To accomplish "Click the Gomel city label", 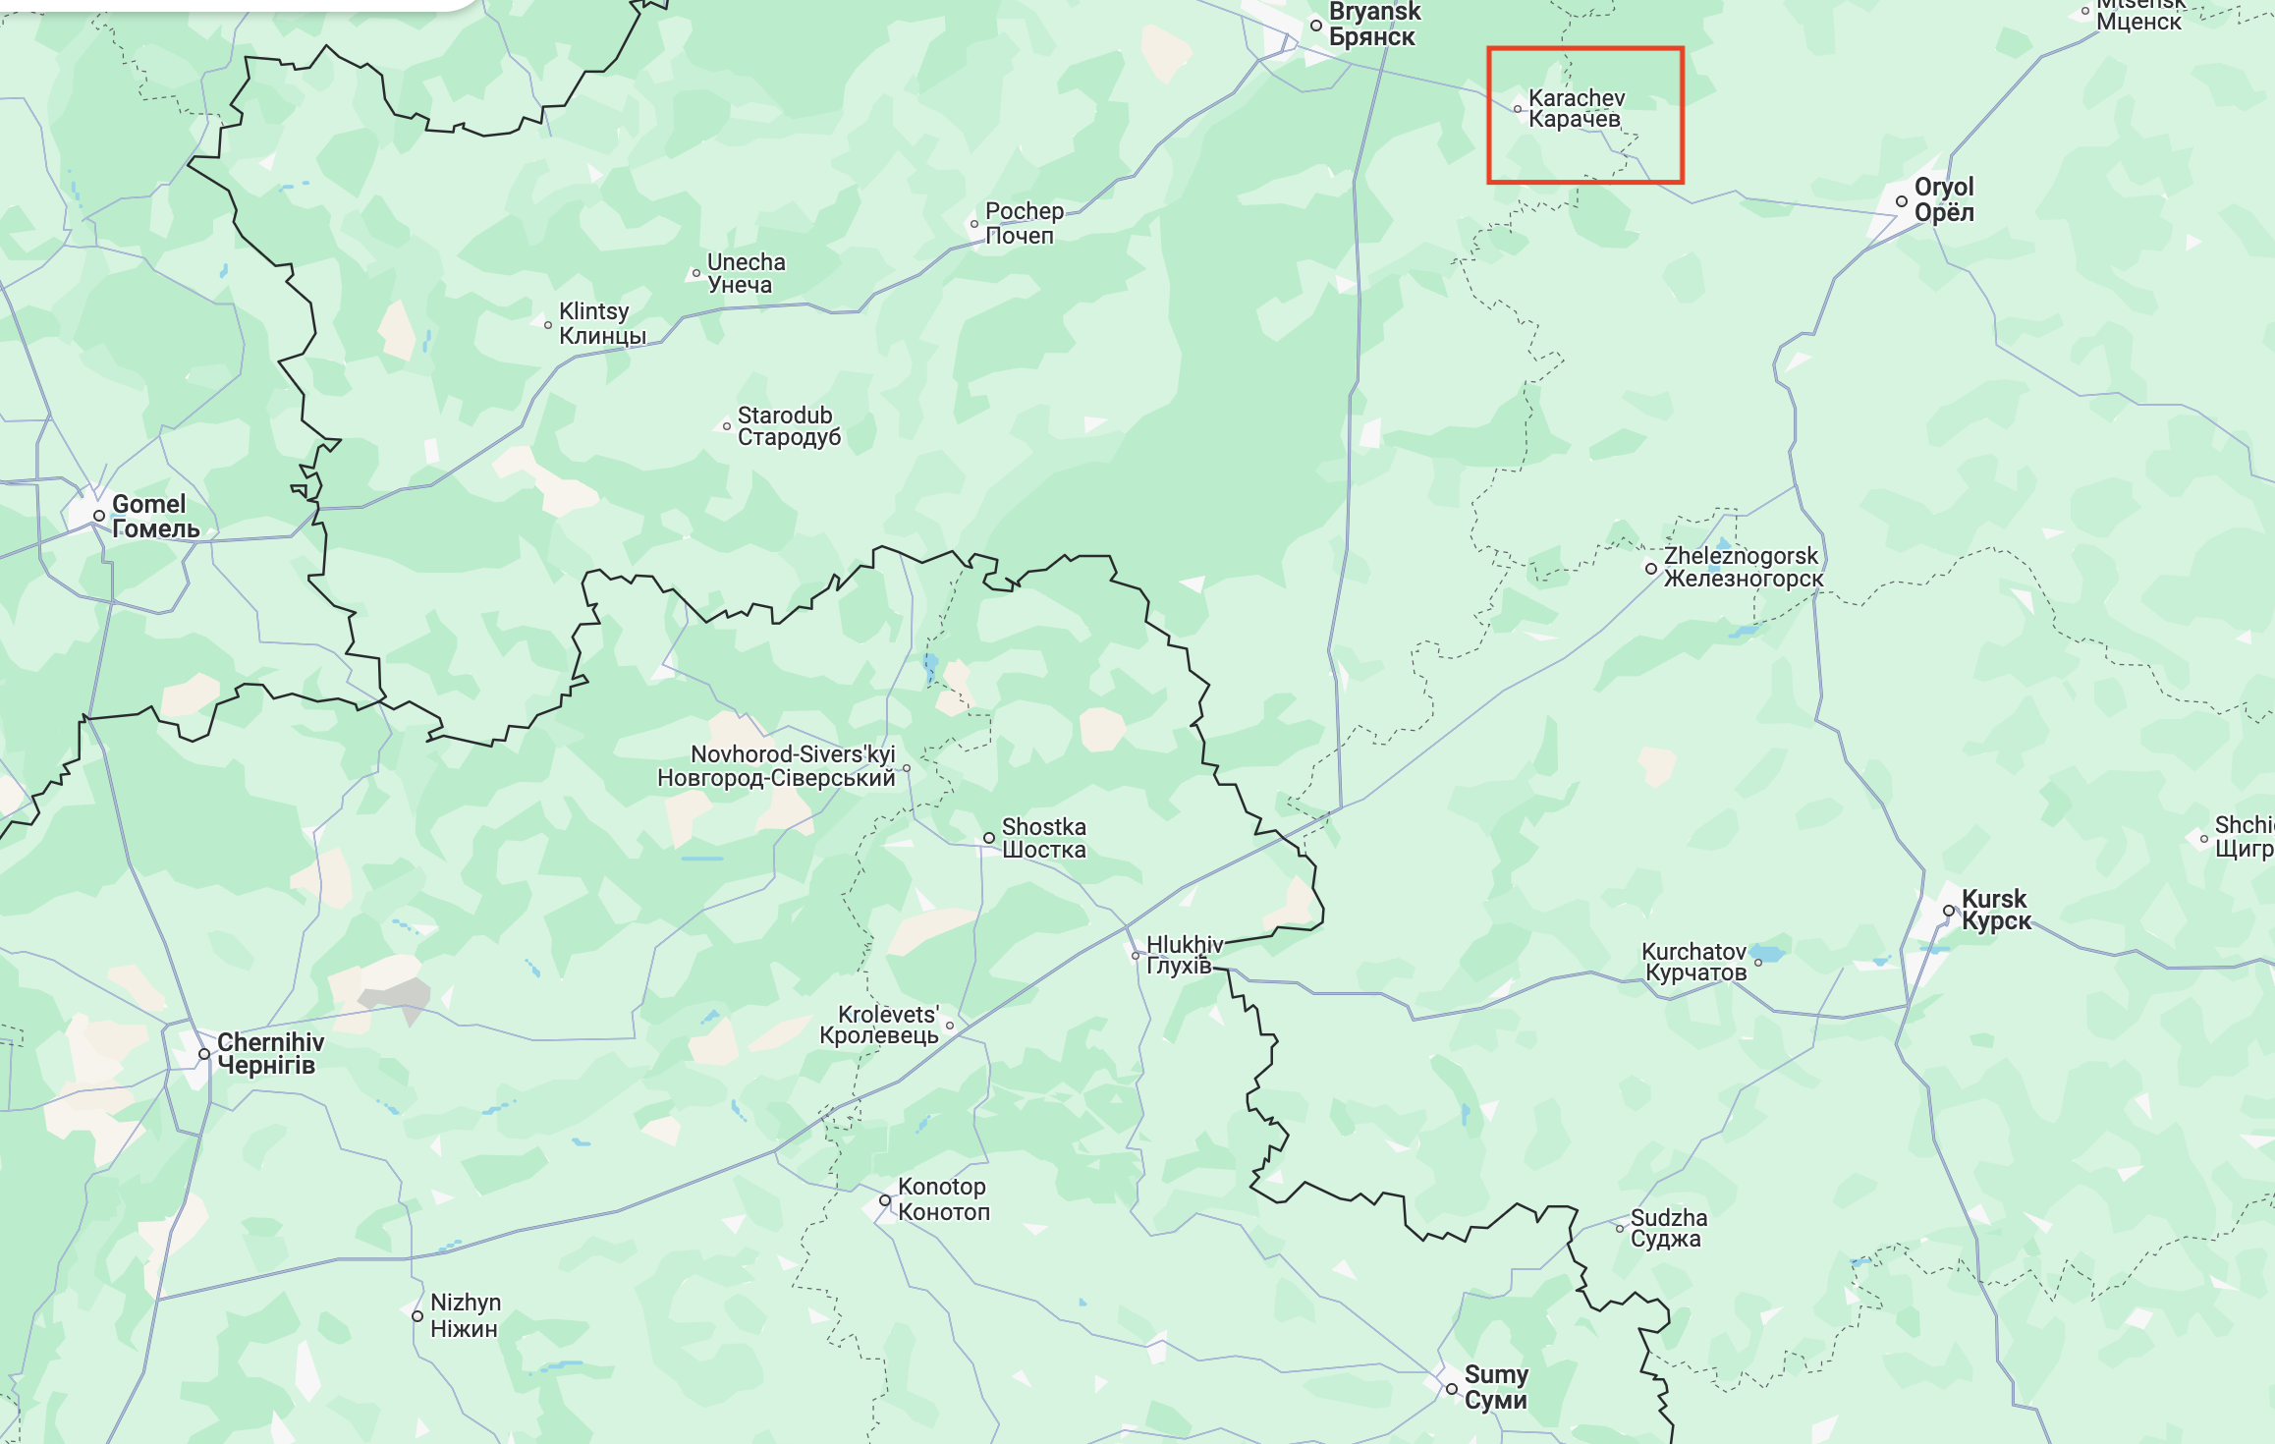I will pos(155,517).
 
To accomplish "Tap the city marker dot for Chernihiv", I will pos(204,1054).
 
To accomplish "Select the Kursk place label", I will pos(1995,910).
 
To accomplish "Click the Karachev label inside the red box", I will pos(1576,108).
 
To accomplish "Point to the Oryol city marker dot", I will pos(1901,201).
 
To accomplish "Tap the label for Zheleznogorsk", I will pos(1743,567).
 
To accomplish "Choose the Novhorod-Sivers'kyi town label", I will pos(776,766).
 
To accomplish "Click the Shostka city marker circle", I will pos(989,838).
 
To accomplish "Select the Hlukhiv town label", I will pos(1184,955).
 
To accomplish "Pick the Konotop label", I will pos(943,1199).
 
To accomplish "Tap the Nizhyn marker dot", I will pos(417,1315).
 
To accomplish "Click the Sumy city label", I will pos(1495,1387).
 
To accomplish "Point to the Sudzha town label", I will pos(1668,1228).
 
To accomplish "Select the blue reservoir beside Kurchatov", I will pos(1768,953).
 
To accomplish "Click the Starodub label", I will pos(789,426).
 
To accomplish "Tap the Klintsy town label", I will pos(601,323).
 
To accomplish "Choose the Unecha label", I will pos(746,273).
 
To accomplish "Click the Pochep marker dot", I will pos(974,224).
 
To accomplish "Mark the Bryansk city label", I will pos(1373,25).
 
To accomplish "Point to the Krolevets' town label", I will pos(879,1025).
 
